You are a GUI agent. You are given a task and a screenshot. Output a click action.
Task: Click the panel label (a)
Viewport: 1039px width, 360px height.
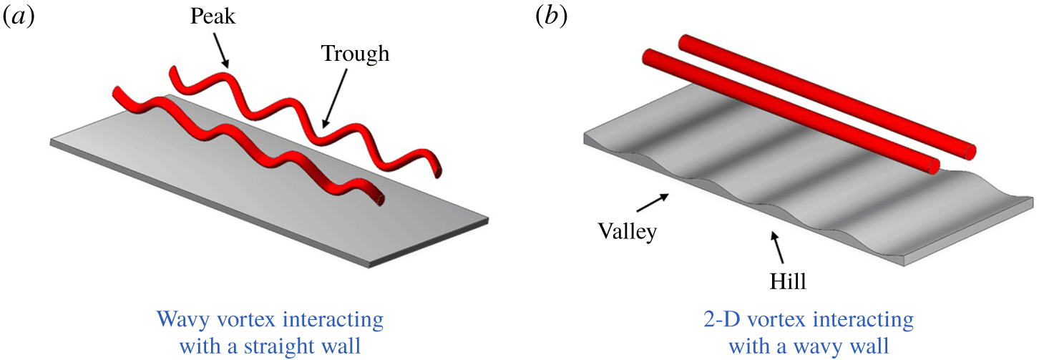(19, 17)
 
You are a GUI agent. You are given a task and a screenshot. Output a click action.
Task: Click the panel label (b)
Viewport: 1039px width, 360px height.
(551, 17)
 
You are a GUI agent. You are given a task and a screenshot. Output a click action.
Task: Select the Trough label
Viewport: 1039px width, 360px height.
(355, 54)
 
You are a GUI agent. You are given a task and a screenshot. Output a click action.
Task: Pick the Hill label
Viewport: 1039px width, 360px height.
(789, 282)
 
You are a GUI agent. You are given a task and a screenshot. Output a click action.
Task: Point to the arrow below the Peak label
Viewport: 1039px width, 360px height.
(220, 53)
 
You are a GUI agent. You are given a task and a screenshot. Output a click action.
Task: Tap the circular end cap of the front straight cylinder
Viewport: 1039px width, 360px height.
(930, 166)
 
